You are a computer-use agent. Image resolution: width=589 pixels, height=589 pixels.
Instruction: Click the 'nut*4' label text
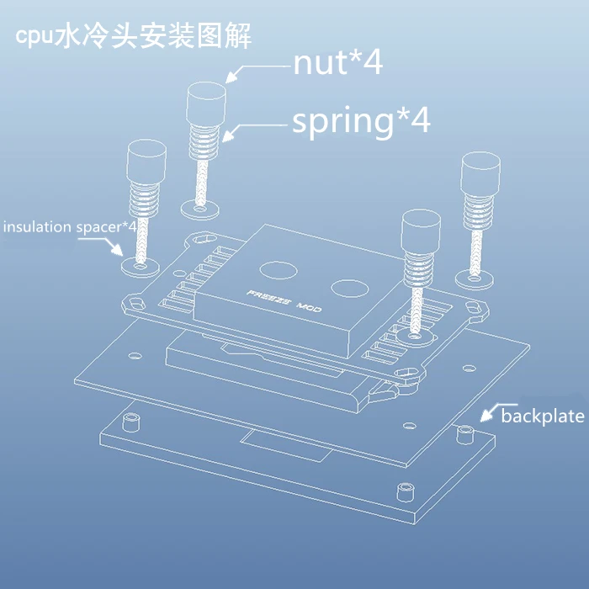(337, 63)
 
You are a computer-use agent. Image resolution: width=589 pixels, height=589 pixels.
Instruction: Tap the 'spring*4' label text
(361, 121)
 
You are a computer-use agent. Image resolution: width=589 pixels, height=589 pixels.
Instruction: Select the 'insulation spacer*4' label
(70, 227)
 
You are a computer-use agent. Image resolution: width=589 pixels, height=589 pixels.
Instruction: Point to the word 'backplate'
(543, 417)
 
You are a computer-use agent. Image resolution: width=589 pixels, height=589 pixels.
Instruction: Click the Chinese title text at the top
(133, 36)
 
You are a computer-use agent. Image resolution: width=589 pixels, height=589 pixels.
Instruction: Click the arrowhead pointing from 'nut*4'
(231, 77)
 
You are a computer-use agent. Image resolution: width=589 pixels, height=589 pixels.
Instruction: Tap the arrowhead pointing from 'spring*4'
(227, 136)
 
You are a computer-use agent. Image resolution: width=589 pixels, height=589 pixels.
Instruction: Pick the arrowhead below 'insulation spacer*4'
(117, 250)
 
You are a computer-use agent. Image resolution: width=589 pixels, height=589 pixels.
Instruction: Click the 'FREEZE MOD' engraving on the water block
(284, 301)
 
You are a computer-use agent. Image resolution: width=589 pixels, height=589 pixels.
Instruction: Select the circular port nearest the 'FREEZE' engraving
(279, 270)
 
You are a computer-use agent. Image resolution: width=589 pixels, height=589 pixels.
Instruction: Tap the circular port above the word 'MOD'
(350, 288)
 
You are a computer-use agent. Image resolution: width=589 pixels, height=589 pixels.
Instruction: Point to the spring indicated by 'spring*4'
(204, 141)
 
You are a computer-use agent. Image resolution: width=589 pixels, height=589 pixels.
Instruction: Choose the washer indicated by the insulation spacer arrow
(141, 267)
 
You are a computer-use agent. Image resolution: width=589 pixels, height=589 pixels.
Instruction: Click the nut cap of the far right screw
(480, 173)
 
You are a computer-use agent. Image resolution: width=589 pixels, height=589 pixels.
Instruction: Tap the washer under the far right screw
(474, 279)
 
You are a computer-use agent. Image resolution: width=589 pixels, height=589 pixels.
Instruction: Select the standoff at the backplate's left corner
(130, 422)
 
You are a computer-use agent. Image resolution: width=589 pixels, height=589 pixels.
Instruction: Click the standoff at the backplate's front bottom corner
(406, 492)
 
